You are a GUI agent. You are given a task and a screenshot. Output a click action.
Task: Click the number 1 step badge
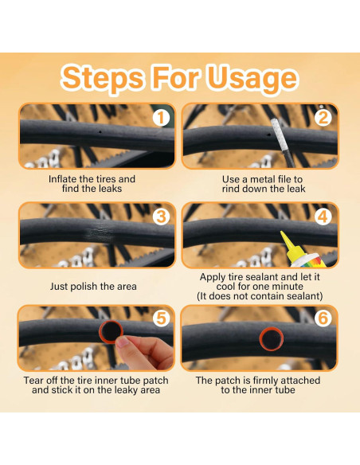pos(161,118)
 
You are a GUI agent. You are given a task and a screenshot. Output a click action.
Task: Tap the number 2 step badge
pos(323,118)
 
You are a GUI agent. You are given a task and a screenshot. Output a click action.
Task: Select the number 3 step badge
pos(161,217)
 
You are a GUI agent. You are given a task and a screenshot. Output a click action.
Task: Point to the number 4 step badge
pos(323,217)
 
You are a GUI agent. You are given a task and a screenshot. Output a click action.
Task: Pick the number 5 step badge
pos(161,318)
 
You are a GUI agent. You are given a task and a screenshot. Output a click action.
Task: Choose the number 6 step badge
pos(323,318)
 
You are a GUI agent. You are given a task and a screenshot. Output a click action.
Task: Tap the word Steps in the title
pos(103,79)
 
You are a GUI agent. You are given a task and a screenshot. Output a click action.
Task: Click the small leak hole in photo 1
pos(100,132)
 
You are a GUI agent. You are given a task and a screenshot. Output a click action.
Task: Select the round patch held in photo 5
pos(111,331)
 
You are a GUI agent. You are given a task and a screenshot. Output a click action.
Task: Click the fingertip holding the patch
pos(122,342)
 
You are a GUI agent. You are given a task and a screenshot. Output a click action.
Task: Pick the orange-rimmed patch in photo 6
pos(272,338)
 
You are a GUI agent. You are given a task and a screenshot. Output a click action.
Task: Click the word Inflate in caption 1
pos(61,179)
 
